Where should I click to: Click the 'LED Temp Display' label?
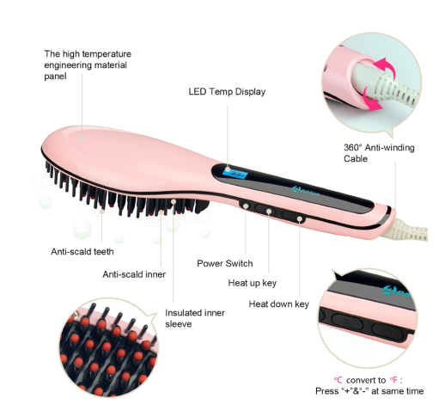click(227, 92)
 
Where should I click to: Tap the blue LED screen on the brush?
click(235, 173)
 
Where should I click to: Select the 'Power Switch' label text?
click(225, 263)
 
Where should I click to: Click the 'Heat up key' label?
click(253, 283)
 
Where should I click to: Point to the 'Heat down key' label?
click(279, 304)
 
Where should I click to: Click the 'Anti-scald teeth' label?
click(82, 252)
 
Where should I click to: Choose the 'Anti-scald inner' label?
click(134, 274)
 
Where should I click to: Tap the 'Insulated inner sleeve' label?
click(195, 318)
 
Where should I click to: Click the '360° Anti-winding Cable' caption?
click(379, 153)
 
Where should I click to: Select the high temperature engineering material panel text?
click(88, 65)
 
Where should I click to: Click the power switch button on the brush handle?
click(246, 205)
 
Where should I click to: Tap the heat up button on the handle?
click(266, 212)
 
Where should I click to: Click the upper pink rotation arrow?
click(385, 66)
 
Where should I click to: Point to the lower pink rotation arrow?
click(371, 99)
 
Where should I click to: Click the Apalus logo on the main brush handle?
click(305, 191)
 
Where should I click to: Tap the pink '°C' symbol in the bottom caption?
click(338, 380)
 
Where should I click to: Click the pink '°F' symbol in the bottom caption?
click(393, 380)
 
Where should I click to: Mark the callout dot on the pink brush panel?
click(82, 138)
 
